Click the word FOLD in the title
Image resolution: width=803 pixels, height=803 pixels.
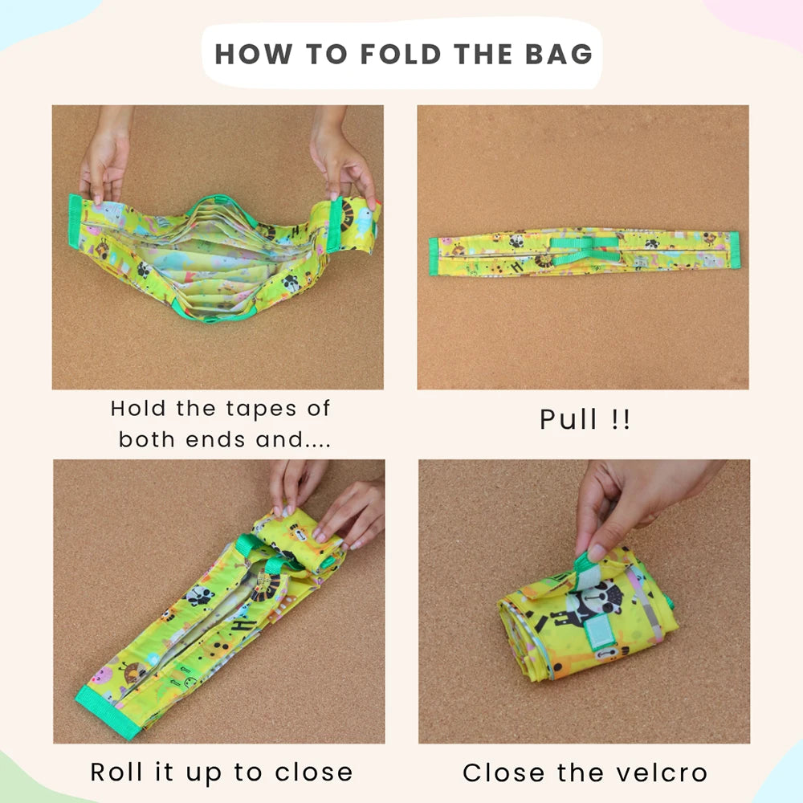pyautogui.click(x=401, y=55)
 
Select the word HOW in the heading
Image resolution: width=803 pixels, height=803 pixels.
pyautogui.click(x=254, y=55)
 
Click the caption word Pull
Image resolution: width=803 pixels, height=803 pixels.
pyautogui.click(x=569, y=419)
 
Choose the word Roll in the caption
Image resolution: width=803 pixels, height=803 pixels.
pyautogui.click(x=116, y=772)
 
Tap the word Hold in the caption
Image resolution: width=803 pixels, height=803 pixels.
pyautogui.click(x=138, y=408)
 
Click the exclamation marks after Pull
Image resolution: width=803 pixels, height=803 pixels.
pyautogui.click(x=621, y=419)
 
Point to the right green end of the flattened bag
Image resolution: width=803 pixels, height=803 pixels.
pyautogui.click(x=734, y=250)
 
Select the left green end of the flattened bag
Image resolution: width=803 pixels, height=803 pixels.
pyautogui.click(x=434, y=256)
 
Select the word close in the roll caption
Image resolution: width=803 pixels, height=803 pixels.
pyautogui.click(x=313, y=772)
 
